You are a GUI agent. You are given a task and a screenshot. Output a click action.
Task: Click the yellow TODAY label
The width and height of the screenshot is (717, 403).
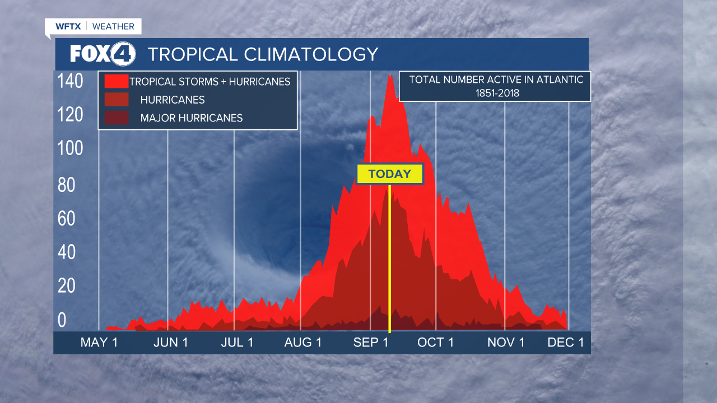390,174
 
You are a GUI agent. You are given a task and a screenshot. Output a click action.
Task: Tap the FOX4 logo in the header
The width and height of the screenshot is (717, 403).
103,54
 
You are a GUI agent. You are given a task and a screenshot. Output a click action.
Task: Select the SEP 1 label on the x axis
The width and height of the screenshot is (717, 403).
371,343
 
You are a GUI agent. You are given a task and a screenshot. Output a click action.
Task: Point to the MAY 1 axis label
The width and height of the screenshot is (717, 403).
99,343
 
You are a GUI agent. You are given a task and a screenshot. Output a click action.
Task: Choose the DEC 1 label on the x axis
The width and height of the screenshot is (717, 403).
566,343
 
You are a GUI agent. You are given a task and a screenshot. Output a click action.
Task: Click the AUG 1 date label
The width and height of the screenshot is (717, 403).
303,343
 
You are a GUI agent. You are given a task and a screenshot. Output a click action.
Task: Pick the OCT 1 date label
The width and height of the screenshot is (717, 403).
435,343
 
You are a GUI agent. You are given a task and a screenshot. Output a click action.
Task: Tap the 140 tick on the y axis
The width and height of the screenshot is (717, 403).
71,81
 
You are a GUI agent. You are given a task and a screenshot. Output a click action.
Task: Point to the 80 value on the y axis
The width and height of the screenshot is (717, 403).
67,185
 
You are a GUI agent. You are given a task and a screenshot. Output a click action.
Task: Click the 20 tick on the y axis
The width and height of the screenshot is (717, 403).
67,286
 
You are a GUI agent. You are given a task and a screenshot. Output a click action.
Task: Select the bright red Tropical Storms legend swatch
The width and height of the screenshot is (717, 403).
116,82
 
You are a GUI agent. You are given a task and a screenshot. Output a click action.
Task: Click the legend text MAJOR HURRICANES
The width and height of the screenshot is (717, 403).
192,118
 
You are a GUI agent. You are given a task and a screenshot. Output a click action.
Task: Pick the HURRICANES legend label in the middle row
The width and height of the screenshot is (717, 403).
173,100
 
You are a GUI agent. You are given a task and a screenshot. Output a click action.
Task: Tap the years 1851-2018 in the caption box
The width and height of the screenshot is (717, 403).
496,93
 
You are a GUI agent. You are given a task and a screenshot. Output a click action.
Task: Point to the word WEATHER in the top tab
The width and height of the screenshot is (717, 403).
113,26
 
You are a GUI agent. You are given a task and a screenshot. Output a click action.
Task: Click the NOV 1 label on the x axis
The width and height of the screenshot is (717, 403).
506,343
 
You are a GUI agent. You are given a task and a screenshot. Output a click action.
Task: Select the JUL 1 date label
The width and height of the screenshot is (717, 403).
237,343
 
